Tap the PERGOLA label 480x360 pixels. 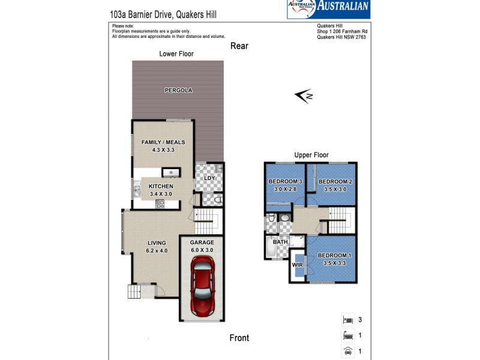178,91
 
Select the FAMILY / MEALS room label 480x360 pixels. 163,142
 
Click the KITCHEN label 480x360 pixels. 160,187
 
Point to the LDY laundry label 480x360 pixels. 209,179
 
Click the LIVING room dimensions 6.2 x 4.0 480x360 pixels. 157,250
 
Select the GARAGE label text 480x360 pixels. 202,242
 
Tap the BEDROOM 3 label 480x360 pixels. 284,182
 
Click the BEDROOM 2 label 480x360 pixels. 334,182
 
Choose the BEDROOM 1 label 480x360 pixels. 334,255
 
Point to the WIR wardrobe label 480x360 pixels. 297,264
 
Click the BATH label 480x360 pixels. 280,242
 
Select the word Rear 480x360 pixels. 239,46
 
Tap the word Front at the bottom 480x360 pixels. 239,338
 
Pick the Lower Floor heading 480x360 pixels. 176,53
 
